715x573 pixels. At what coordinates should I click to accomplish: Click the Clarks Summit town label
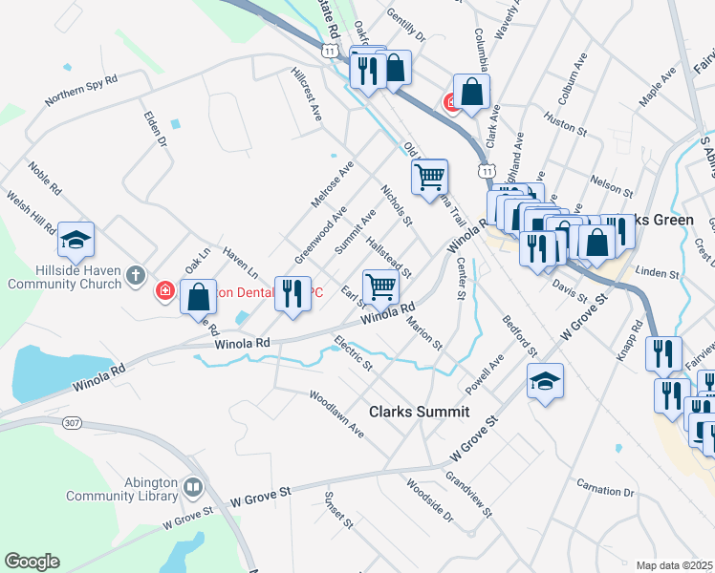tap(420, 412)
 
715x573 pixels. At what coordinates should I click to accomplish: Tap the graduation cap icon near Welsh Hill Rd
tap(76, 240)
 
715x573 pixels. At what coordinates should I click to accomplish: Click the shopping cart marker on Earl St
tap(380, 285)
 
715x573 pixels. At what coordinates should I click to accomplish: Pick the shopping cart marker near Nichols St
tap(430, 175)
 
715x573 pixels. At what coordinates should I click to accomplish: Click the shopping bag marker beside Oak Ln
tap(198, 296)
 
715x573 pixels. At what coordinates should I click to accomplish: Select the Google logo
tap(32, 562)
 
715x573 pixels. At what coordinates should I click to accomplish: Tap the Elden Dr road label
tap(155, 127)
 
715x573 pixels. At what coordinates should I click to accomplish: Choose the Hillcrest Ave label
tap(307, 94)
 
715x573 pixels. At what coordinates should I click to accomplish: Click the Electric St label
tap(354, 352)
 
